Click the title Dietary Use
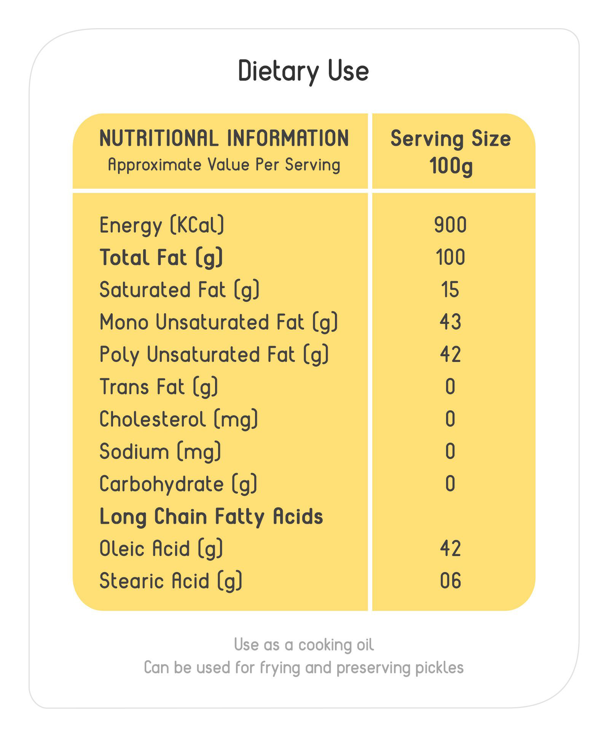pos(303,71)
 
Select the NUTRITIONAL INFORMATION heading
pos(224,138)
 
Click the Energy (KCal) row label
pos(162,225)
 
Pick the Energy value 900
pos(450,225)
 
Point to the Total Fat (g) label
pos(161,258)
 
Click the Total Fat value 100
pos(450,257)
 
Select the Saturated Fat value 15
pos(450,290)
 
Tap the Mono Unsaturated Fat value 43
pos(450,322)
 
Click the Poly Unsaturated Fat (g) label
pos(214,355)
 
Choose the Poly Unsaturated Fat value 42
pos(450,354)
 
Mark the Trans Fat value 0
pos(450,387)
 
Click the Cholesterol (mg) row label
pos(179,419)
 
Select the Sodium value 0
pos(450,451)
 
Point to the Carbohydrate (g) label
pos(178,484)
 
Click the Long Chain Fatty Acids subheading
pos(211,516)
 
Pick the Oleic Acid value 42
pos(450,548)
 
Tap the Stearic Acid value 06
pos(450,581)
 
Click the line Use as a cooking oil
pos(304,645)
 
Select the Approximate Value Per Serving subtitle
pos(224,165)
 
